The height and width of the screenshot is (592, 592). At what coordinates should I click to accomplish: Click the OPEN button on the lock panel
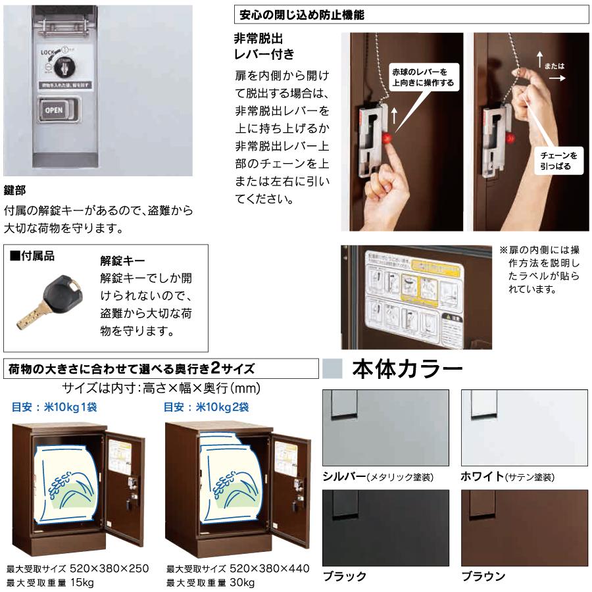pyautogui.click(x=55, y=110)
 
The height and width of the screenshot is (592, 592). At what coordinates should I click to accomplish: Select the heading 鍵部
pyautogui.click(x=15, y=190)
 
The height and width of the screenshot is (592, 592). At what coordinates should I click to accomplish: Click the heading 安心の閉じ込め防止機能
pyautogui.click(x=300, y=14)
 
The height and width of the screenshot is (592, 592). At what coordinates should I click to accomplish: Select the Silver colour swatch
pyautogui.click(x=385, y=428)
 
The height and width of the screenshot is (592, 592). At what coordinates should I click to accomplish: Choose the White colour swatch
pyautogui.click(x=524, y=428)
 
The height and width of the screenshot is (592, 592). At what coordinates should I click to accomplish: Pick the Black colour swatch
pyautogui.click(x=385, y=528)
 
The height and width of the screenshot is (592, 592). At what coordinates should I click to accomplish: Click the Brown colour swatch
pyautogui.click(x=524, y=528)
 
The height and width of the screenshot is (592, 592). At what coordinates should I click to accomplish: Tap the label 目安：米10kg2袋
pyautogui.click(x=206, y=407)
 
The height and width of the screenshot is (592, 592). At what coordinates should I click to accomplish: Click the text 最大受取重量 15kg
pyautogui.click(x=50, y=582)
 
